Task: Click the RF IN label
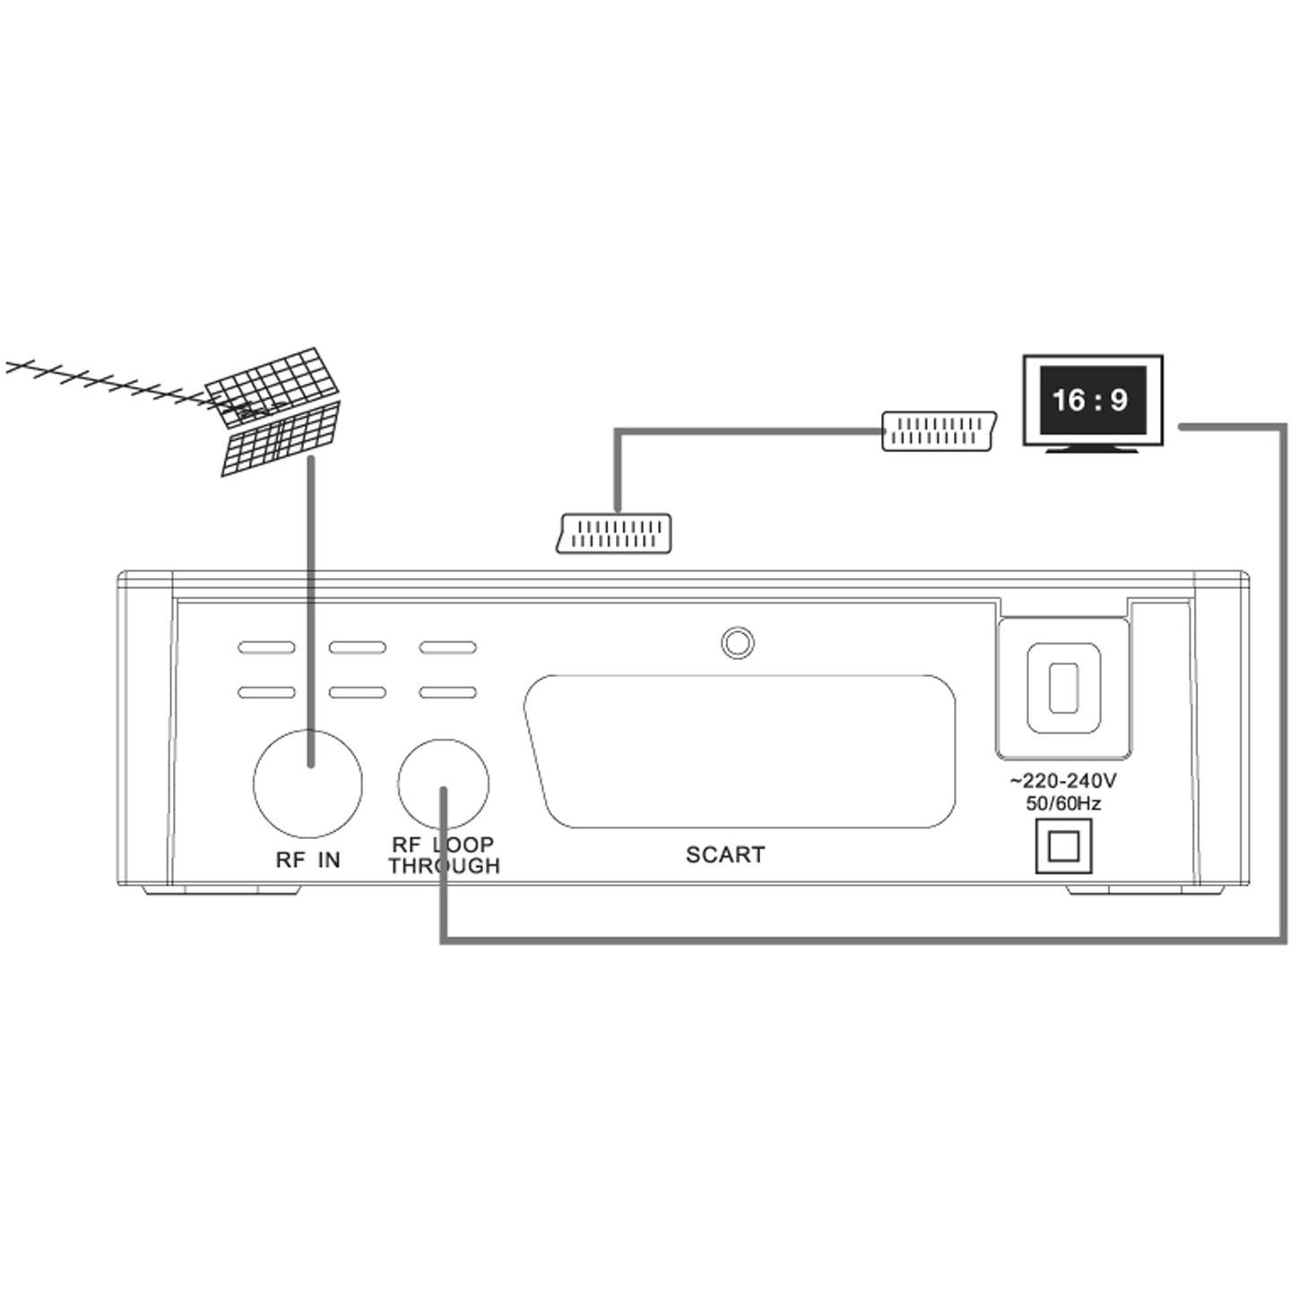coord(308,860)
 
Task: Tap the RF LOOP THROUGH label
coord(444,855)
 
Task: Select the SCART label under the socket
coord(725,854)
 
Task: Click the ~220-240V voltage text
coord(1063,782)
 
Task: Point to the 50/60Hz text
coord(1064,803)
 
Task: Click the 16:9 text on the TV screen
coord(1090,401)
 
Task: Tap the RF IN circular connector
coord(307,784)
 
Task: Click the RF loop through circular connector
coord(444,784)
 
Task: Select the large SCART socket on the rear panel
coord(740,751)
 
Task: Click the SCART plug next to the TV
coord(939,430)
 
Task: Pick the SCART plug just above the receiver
coord(613,534)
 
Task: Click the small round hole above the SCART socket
coord(738,643)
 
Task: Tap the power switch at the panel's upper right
coord(1064,687)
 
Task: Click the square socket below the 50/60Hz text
coord(1064,846)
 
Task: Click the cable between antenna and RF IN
coord(311,611)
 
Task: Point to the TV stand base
coord(1092,449)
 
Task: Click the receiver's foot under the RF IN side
coord(222,890)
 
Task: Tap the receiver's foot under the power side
coord(1145,890)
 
